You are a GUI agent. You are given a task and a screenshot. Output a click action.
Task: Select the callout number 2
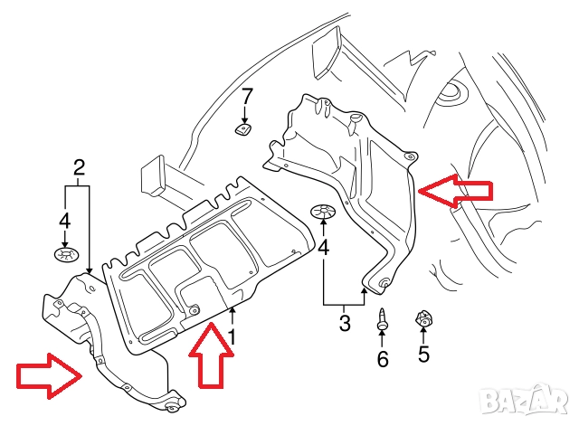tap(79, 166)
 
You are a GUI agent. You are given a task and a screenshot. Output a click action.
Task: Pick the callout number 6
tap(382, 359)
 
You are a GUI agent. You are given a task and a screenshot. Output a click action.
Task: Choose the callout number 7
tap(247, 95)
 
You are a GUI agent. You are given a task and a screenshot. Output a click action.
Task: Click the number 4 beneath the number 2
tap(64, 220)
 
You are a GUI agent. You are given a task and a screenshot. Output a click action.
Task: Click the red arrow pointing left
tap(455, 191)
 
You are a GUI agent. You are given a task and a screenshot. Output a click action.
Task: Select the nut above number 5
tap(422, 320)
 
